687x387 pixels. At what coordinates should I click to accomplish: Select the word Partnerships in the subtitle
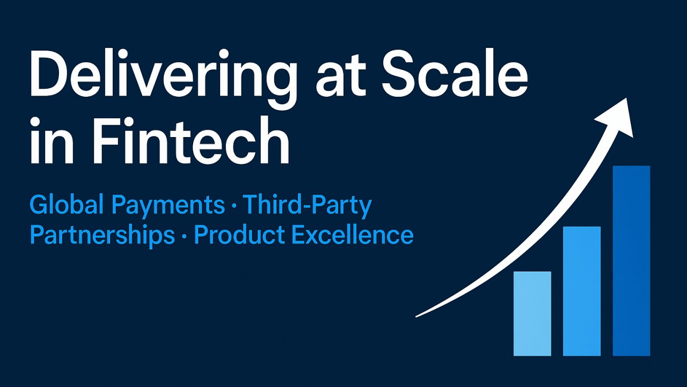coord(102,236)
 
